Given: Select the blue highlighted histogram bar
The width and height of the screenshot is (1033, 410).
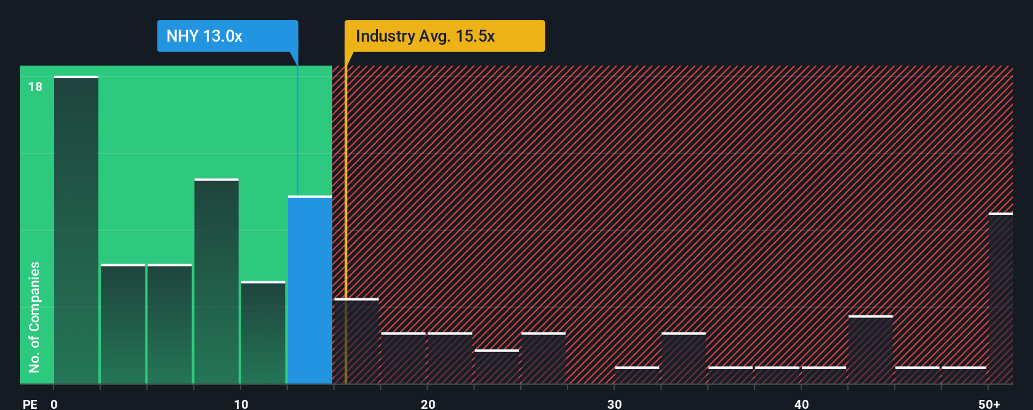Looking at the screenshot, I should tap(310, 290).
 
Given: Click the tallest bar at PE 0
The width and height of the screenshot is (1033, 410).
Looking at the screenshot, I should tap(76, 230).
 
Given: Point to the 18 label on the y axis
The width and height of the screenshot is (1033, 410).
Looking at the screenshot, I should tap(35, 86).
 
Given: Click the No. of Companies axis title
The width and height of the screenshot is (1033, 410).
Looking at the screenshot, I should tap(35, 317).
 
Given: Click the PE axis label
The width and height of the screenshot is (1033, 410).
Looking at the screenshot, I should tap(30, 404).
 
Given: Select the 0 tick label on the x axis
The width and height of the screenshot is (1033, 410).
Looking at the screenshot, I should tap(54, 404).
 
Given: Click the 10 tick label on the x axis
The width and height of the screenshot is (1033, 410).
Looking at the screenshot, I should tap(241, 404).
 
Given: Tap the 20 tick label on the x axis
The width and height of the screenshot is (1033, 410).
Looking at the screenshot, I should tap(428, 404).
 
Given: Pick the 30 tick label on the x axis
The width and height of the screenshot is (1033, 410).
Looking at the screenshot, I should tap(614, 404).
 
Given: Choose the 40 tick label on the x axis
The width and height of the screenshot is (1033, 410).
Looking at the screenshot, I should tap(801, 404).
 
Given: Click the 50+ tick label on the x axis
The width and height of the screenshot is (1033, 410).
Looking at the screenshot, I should tap(989, 404).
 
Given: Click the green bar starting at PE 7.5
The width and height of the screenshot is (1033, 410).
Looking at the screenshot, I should tap(217, 281).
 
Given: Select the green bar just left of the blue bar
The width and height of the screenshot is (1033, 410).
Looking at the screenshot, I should tap(263, 332).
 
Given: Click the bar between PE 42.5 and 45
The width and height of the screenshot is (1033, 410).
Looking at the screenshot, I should tap(870, 349).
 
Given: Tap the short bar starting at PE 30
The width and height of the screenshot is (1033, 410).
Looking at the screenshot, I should tap(637, 375).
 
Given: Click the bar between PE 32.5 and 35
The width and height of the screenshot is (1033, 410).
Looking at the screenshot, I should tap(683, 358).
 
